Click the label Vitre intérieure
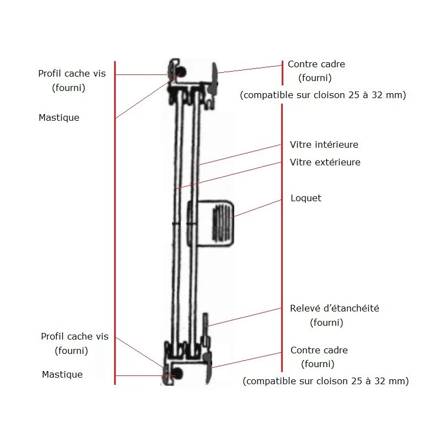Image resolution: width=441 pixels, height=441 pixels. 324,144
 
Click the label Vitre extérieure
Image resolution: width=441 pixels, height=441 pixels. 325,162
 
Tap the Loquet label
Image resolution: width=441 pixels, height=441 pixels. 305,198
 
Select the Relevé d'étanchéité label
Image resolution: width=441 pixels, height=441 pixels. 335,309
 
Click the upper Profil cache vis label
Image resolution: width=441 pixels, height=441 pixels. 72,73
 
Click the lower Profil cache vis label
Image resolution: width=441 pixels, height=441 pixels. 74,336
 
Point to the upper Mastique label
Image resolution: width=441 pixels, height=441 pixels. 59,117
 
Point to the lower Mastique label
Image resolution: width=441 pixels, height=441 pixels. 62,374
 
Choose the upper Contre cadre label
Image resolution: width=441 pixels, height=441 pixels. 316,64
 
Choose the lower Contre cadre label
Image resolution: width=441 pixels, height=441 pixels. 319,350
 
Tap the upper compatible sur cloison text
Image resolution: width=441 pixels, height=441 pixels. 323,95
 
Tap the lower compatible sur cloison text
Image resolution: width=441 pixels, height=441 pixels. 325,381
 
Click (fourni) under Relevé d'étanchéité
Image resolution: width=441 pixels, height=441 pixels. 326,322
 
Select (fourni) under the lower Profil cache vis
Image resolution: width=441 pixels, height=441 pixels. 71,350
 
